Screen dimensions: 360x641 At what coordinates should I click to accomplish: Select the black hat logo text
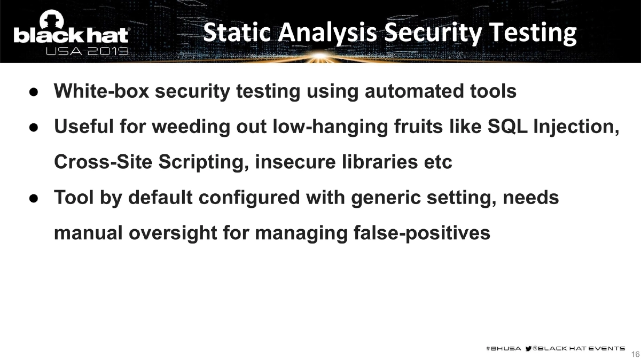[71, 35]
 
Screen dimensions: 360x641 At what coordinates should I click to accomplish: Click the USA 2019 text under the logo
[87, 52]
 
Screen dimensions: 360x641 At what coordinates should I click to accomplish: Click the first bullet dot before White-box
[33, 92]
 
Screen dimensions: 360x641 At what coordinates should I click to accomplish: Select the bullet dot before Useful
[33, 127]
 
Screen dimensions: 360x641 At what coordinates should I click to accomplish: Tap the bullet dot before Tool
[33, 198]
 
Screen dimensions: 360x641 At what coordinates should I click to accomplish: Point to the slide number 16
[635, 354]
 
